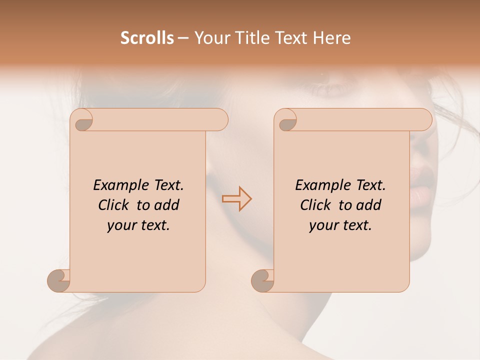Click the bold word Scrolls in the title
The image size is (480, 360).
(147, 38)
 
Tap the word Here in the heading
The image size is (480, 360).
(332, 38)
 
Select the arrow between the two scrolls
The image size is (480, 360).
(236, 198)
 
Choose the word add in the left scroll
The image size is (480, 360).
(167, 205)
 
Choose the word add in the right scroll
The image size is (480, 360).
(369, 205)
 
